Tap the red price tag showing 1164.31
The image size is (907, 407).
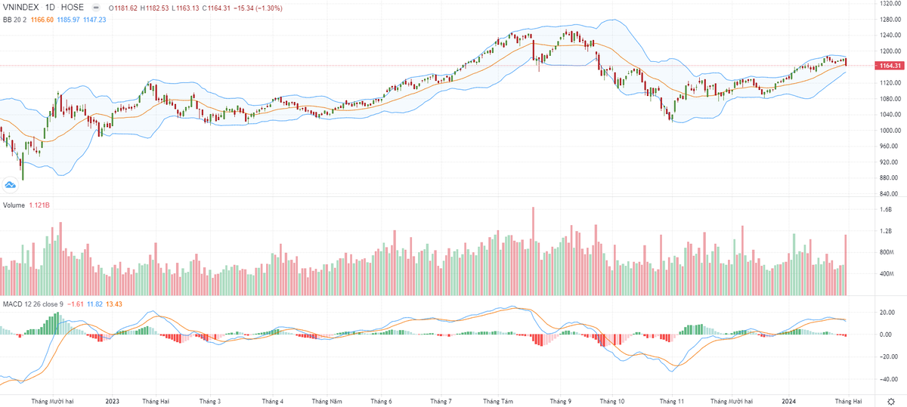889,66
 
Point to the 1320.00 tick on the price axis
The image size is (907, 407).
889,3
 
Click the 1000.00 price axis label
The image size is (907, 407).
889,131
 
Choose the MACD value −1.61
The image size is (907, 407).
76,304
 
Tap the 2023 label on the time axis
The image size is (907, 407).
113,401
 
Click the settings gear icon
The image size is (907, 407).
890,401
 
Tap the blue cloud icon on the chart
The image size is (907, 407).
11,183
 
